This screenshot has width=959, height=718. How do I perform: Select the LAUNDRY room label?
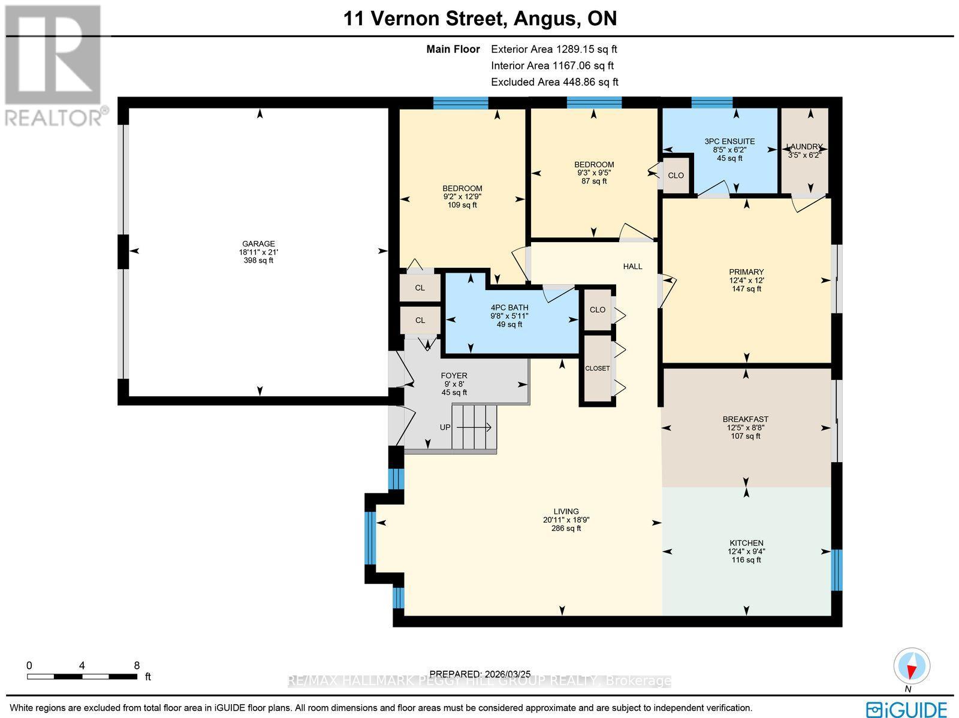[804, 147]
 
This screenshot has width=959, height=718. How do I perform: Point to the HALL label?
[632, 266]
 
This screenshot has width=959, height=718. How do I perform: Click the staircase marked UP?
[474, 427]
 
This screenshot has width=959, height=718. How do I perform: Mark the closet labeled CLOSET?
[597, 368]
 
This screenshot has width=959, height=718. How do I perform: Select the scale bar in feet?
[82, 676]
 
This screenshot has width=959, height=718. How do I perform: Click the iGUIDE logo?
[907, 708]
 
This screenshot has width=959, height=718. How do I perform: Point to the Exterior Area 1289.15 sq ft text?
[554, 50]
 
